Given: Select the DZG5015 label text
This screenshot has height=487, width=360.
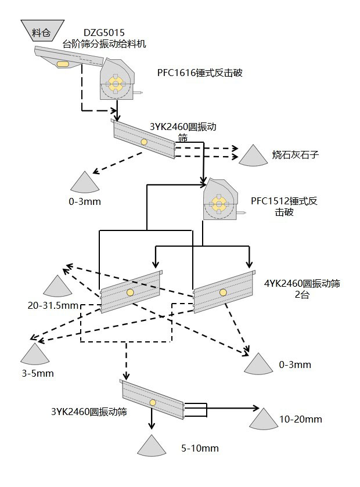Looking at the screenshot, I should tap(103, 33).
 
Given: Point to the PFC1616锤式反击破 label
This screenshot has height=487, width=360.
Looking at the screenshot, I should tap(199, 73).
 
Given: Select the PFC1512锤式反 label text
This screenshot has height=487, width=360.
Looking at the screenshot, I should tap(284, 201).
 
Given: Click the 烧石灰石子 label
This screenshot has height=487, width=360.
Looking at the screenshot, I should tap(296, 155).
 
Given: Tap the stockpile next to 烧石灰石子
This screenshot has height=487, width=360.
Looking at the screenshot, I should tap(254, 155).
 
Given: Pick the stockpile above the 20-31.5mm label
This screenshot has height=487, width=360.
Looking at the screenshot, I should tap(57, 287).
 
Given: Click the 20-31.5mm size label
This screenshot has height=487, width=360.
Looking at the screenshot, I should tap(52, 305).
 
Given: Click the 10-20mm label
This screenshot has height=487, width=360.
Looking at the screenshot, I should tap(300, 419).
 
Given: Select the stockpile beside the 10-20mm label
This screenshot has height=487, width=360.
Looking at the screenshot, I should tap(265, 419).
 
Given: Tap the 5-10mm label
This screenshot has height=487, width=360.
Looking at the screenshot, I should tap(200, 448).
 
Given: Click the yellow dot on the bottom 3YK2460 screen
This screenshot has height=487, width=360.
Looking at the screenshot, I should tap(153, 403).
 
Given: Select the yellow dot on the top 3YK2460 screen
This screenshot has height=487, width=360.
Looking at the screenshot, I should tap(143, 142).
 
